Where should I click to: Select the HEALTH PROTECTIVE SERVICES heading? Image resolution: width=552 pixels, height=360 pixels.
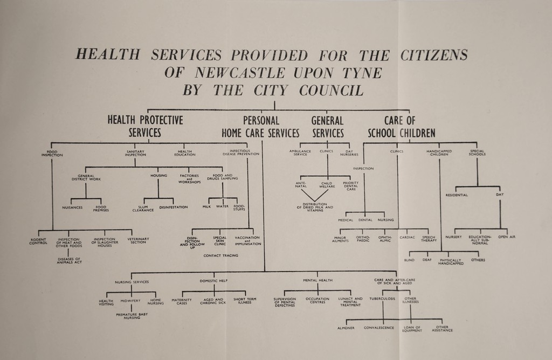tap(145, 126)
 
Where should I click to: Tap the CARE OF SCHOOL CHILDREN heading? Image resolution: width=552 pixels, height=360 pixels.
tap(401, 126)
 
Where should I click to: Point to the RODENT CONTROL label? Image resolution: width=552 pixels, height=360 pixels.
tap(39, 241)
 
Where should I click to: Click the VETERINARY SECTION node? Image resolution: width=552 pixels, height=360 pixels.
tap(139, 241)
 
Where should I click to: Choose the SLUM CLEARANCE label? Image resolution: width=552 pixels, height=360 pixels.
tap(143, 209)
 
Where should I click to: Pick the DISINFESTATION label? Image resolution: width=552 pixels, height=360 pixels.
tap(174, 207)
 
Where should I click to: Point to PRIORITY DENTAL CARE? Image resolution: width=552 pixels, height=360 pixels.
tap(351, 186)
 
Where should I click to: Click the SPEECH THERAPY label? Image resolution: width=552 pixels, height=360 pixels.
tap(429, 239)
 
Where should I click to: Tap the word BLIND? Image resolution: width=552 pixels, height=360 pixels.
tap(409, 260)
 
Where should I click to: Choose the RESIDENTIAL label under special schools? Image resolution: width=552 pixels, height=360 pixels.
tap(457, 195)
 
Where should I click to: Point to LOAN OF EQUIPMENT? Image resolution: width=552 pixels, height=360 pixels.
tap(411, 329)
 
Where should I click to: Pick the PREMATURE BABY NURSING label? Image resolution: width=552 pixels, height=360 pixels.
tap(132, 316)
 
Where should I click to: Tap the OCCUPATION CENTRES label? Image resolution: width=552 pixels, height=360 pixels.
tap(318, 300)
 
